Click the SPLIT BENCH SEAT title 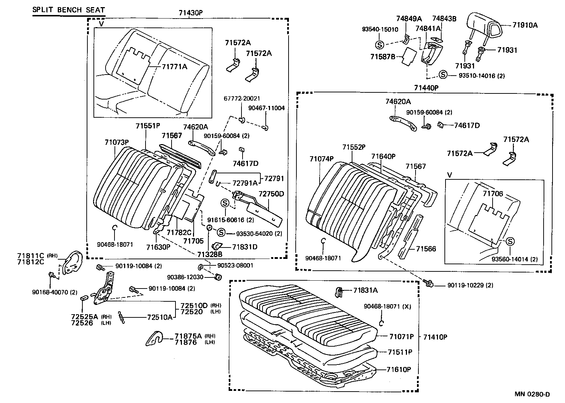69,10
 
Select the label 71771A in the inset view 175,67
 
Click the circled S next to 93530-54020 221,233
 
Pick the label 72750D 271,194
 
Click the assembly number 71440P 426,87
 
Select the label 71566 426,249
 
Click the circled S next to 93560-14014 510,241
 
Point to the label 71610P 399,369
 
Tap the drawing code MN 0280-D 532,394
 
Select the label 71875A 188,336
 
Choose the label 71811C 31,256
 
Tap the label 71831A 366,290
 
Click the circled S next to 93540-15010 380,45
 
